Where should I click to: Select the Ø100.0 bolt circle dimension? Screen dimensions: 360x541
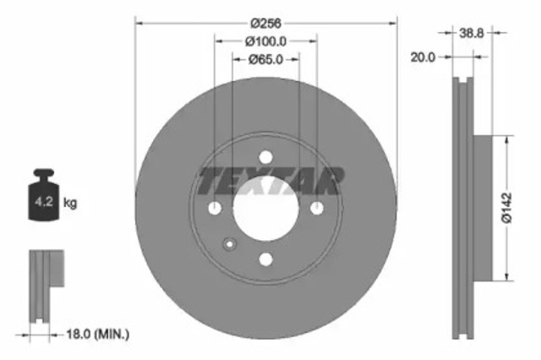click(x=266, y=41)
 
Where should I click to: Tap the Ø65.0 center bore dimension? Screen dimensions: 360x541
click(x=266, y=59)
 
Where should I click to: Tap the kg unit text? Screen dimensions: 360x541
click(x=70, y=203)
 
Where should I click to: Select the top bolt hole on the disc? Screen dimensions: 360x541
click(x=266, y=157)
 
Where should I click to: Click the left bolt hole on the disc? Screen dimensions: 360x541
click(x=215, y=208)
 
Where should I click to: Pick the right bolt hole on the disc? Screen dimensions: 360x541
click(x=317, y=208)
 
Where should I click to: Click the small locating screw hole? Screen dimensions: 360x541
click(x=228, y=245)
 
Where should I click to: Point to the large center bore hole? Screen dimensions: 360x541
click(x=266, y=208)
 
